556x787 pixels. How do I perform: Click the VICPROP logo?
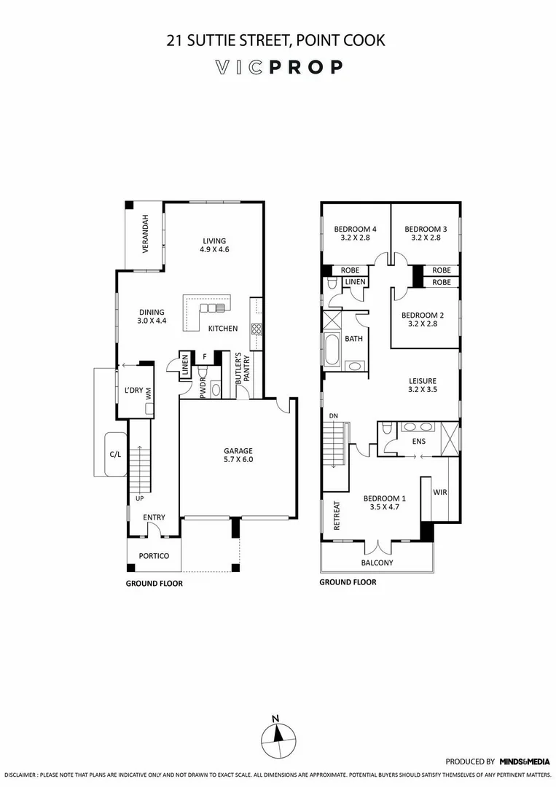(x=278, y=68)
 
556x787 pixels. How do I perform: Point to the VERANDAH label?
(x=145, y=234)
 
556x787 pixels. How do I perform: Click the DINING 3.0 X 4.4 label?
(x=151, y=316)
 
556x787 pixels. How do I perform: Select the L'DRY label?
(x=133, y=391)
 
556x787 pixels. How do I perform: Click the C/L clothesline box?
(x=115, y=454)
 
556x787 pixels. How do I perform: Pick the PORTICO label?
(x=154, y=556)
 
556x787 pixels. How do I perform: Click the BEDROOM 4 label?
(x=355, y=232)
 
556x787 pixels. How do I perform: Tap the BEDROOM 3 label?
(x=425, y=232)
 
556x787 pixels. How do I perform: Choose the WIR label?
(x=440, y=493)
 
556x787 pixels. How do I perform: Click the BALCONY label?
(x=377, y=563)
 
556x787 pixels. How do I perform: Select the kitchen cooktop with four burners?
(x=257, y=328)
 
